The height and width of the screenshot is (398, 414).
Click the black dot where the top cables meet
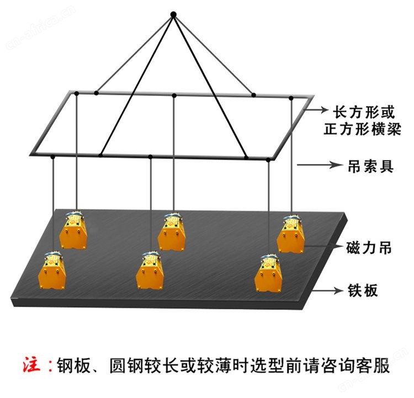(x=173, y=14)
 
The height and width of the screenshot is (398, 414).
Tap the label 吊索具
(x=370, y=166)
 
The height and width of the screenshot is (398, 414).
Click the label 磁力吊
(x=369, y=248)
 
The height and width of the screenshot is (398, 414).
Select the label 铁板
(x=363, y=291)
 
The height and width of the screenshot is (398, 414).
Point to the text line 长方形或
(x=363, y=112)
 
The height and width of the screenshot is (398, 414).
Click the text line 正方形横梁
(x=362, y=129)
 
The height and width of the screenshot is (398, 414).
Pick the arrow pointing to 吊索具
(x=319, y=165)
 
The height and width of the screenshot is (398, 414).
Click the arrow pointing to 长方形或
(x=316, y=109)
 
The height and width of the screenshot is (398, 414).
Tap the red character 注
(x=31, y=365)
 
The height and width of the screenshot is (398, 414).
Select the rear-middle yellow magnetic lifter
(x=172, y=232)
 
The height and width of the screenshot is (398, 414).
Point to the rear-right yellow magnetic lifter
(x=290, y=234)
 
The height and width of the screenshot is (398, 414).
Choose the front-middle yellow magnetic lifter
(x=150, y=270)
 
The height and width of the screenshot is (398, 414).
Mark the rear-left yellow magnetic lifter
(x=73, y=230)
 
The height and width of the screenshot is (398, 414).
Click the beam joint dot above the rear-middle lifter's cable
(x=174, y=95)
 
